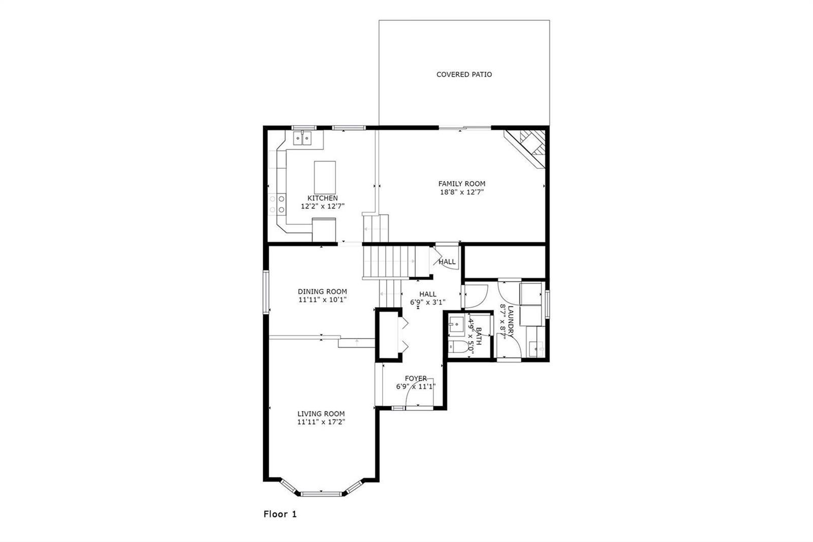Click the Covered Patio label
[x=464, y=74]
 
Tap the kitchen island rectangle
[x=325, y=177]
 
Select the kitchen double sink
[x=302, y=138]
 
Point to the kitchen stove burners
[x=277, y=204]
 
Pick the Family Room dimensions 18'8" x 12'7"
[x=462, y=192]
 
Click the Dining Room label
[x=322, y=291]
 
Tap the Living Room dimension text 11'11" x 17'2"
[x=321, y=422]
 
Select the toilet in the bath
[x=458, y=347]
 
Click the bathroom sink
[x=457, y=324]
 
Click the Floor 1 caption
[x=280, y=514]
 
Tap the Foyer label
[x=416, y=378]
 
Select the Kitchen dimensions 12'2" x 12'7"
[x=323, y=206]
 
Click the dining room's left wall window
[x=266, y=292]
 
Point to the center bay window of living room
[x=322, y=494]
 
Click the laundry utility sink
[x=536, y=349]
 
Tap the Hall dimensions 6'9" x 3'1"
[x=428, y=302]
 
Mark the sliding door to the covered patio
[x=465, y=128]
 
